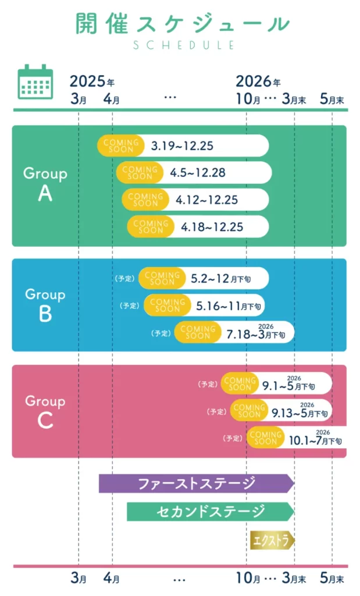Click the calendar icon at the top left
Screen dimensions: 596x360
(x=35, y=82)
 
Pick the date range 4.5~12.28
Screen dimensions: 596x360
(x=198, y=172)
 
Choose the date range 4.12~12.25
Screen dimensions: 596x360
(x=206, y=200)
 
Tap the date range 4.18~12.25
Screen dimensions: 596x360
(x=212, y=226)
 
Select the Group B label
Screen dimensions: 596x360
(x=45, y=304)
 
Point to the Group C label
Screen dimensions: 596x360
(x=45, y=411)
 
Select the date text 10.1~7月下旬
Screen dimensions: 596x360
(x=315, y=440)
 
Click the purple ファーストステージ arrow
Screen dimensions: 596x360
(x=197, y=483)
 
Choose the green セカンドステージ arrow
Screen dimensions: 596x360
(x=211, y=512)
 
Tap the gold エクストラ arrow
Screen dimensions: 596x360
(x=272, y=540)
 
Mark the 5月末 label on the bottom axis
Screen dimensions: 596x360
(x=332, y=579)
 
